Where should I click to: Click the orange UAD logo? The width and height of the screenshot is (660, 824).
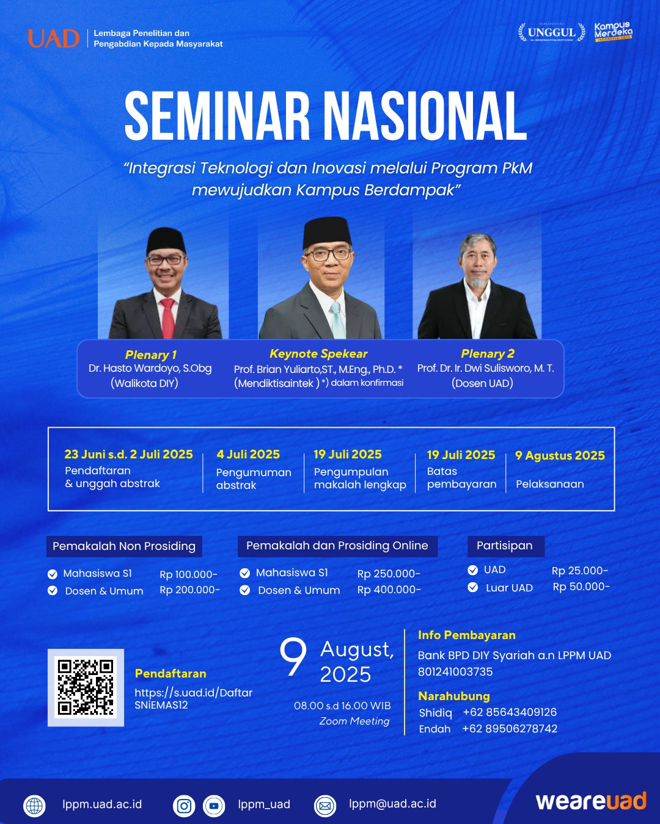pyautogui.click(x=54, y=38)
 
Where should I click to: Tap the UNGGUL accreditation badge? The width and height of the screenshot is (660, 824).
pyautogui.click(x=551, y=32)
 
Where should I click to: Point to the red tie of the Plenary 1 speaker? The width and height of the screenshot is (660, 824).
pyautogui.click(x=167, y=319)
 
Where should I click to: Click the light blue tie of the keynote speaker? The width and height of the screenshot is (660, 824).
pyautogui.click(x=337, y=320)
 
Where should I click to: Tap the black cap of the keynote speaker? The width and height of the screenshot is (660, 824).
pyautogui.click(x=327, y=233)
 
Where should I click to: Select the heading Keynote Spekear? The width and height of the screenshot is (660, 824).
pyautogui.click(x=318, y=354)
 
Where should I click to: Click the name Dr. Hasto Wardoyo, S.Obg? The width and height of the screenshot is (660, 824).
pyautogui.click(x=150, y=368)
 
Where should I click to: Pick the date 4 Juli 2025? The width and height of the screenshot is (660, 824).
pyautogui.click(x=248, y=454)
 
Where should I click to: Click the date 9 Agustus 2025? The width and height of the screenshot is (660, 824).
pyautogui.click(x=560, y=455)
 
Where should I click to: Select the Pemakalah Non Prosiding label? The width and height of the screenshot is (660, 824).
pyautogui.click(x=124, y=546)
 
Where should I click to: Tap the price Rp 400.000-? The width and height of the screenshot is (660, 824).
pyautogui.click(x=389, y=590)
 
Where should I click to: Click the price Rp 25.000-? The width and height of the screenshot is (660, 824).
pyautogui.click(x=580, y=571)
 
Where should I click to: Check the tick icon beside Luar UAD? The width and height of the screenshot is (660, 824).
pyautogui.click(x=473, y=587)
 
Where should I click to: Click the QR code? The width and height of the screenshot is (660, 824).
pyautogui.click(x=86, y=687)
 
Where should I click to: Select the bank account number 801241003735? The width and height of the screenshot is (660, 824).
pyautogui.click(x=455, y=671)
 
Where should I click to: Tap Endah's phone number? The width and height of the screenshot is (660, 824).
pyautogui.click(x=510, y=728)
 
